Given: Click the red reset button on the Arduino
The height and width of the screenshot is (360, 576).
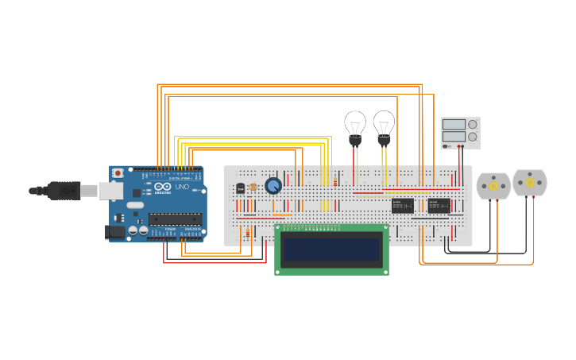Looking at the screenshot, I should tap(118, 172).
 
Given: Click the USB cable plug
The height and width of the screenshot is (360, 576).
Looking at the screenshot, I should tap(64, 191).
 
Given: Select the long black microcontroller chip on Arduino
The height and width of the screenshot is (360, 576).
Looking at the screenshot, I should tap(175, 219).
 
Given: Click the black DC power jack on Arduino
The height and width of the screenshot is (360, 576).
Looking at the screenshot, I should tap(115, 232).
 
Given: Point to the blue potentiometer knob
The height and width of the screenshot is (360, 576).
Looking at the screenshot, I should tap(273, 185).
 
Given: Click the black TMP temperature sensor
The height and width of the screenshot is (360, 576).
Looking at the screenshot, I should tap(240, 188).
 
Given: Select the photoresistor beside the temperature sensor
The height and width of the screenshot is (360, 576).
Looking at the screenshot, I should tap(253, 188).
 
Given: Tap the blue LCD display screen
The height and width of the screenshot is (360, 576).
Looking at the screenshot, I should tap(332, 250).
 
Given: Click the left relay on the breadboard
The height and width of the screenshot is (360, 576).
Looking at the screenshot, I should tap(402, 206).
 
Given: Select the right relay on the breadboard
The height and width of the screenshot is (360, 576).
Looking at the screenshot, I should tap(439, 206).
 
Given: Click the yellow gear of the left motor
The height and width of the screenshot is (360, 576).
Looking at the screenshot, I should tap(493, 186).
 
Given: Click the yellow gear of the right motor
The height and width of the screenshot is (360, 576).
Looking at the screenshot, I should tap(530, 183).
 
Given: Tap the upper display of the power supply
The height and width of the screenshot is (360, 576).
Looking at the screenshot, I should tap(454, 125).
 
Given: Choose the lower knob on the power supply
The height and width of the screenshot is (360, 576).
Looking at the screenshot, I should tap(474, 137).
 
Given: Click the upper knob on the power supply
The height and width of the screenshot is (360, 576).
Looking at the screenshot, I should tap(474, 124).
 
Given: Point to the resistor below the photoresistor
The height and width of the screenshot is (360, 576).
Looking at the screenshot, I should tap(248, 233).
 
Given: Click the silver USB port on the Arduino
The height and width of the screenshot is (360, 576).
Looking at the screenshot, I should tap(110, 191).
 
